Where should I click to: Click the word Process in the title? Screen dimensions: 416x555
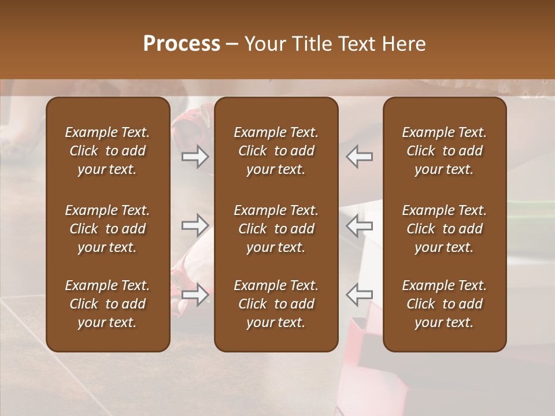pos(182,44)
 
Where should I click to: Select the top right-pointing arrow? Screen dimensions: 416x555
pos(195,157)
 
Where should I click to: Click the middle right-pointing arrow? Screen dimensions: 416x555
pos(195,225)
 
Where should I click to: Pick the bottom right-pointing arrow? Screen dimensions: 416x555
pos(195,295)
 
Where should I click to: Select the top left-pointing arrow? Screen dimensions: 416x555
pos(360,157)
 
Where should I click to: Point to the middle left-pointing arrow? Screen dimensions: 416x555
pos(360,226)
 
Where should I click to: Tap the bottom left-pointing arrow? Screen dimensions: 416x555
pos(360,295)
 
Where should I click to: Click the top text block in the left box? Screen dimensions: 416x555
pos(108,151)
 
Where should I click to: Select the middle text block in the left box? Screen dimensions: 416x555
pos(108,229)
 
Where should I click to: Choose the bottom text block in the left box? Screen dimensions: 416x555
pos(108,304)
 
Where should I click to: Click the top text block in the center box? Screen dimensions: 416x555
pos(276,151)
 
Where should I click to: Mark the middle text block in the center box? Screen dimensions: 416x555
pos(276,229)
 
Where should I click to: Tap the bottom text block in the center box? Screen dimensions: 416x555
pos(276,304)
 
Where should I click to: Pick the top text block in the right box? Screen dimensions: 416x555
pos(445,151)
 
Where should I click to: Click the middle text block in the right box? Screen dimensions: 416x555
pos(445,229)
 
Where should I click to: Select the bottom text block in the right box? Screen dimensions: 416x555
pos(445,304)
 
